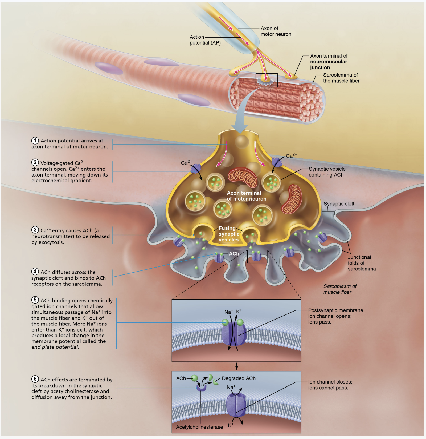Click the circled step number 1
[x=35, y=141]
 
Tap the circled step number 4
[x=35, y=272]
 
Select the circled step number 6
[x=35, y=379]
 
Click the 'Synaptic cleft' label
[x=339, y=204]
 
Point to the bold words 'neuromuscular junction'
[x=328, y=65]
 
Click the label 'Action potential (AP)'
[x=205, y=40]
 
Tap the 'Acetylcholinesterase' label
[x=199, y=427]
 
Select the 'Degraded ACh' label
[x=239, y=378]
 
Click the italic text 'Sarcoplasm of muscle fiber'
[x=340, y=289]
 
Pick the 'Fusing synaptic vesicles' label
[x=229, y=234]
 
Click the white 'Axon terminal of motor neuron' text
[x=246, y=196]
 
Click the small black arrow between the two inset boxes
[x=236, y=366]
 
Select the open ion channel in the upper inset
[x=234, y=333]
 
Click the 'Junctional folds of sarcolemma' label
[x=362, y=263]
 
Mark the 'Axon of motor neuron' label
[x=276, y=31]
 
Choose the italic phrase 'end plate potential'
[x=55, y=347]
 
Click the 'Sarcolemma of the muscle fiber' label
[x=341, y=78]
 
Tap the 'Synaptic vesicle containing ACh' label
[x=327, y=172]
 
